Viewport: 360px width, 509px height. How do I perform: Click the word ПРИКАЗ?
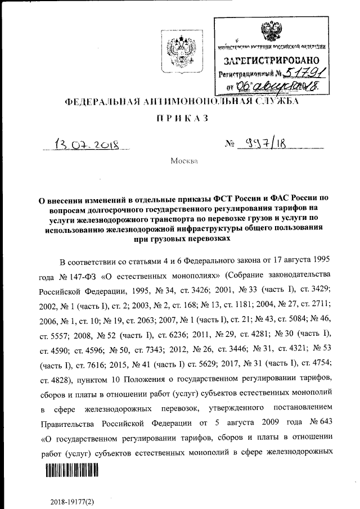click(x=181, y=118)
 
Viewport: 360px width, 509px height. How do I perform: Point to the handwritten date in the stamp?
click(x=277, y=85)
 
